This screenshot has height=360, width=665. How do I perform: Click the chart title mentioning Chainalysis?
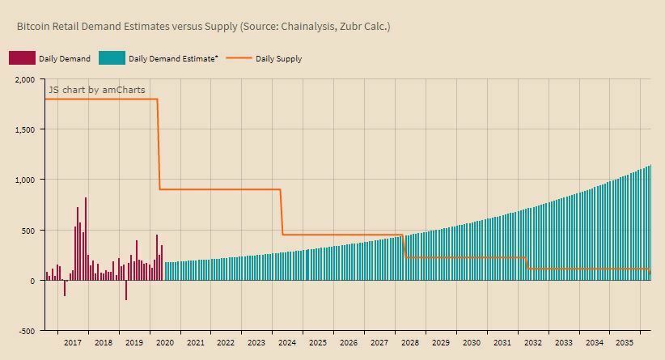click(203, 27)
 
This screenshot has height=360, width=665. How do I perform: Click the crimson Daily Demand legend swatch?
click(22, 58)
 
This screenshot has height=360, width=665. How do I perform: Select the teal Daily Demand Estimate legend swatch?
click(112, 58)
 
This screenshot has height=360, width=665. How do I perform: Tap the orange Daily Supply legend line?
click(239, 58)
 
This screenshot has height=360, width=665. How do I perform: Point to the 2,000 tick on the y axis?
click(24, 79)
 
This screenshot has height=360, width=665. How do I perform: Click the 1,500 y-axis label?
click(24, 129)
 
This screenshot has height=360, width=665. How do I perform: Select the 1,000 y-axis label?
click(24, 180)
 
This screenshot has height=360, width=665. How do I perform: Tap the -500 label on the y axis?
click(26, 331)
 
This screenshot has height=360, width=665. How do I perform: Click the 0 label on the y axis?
click(32, 281)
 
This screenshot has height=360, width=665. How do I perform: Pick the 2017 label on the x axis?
click(72, 343)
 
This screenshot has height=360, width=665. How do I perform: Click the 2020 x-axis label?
click(164, 343)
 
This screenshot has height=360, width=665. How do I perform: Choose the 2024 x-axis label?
click(287, 343)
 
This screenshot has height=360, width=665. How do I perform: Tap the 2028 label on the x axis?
click(410, 343)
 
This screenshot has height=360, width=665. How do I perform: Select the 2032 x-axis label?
click(533, 343)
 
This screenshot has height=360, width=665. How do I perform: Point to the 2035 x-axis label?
click(624, 343)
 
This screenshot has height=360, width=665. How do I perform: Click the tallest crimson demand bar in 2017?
click(86, 239)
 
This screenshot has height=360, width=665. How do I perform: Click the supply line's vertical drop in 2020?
click(159, 144)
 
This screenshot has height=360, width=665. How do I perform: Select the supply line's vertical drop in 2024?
click(282, 212)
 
